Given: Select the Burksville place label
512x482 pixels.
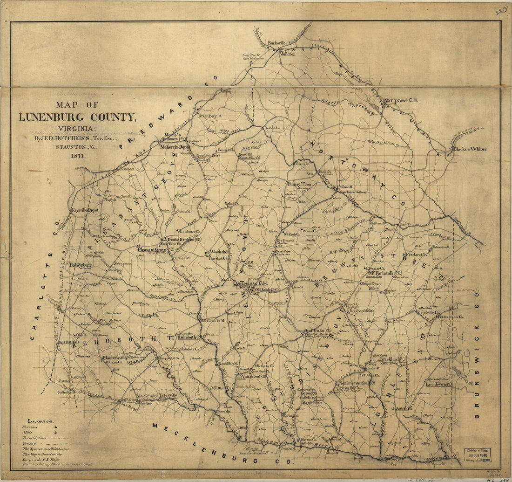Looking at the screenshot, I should click(x=278, y=43).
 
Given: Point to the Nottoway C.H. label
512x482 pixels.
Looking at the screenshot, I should click(x=401, y=100).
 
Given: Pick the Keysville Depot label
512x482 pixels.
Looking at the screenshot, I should click(x=85, y=211).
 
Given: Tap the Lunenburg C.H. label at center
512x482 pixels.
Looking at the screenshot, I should click(x=250, y=282).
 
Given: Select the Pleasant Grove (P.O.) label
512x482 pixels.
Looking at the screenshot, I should click(x=155, y=250).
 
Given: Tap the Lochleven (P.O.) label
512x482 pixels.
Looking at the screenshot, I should click(x=439, y=385).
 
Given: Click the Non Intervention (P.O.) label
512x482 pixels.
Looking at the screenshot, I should click(x=354, y=383).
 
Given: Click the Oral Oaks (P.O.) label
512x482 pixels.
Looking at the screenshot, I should click(x=318, y=331).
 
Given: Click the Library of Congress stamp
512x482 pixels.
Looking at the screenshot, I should click(x=479, y=454).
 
